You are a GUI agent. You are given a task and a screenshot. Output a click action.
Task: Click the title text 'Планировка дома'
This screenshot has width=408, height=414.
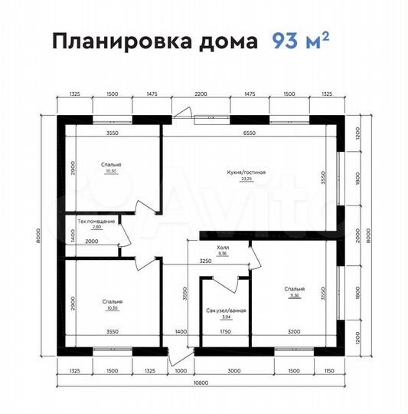(154, 42)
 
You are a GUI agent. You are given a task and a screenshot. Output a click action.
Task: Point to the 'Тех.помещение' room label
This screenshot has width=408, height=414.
(96, 222)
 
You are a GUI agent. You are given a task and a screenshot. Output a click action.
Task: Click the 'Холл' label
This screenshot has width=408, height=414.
(223, 248)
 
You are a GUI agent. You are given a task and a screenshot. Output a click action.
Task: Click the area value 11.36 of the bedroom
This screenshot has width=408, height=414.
(295, 294)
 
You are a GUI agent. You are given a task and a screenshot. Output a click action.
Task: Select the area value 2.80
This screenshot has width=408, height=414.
(96, 228)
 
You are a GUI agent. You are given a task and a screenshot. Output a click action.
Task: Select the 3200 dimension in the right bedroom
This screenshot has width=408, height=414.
(295, 331)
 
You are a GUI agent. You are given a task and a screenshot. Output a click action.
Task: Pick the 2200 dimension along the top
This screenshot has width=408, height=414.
(200, 93)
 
